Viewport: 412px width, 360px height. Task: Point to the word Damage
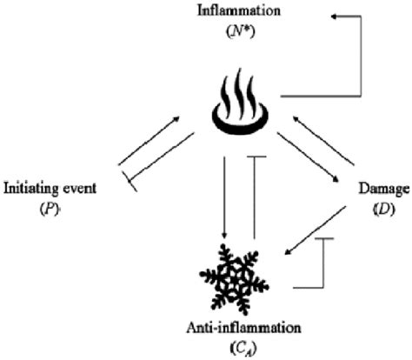380,188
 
